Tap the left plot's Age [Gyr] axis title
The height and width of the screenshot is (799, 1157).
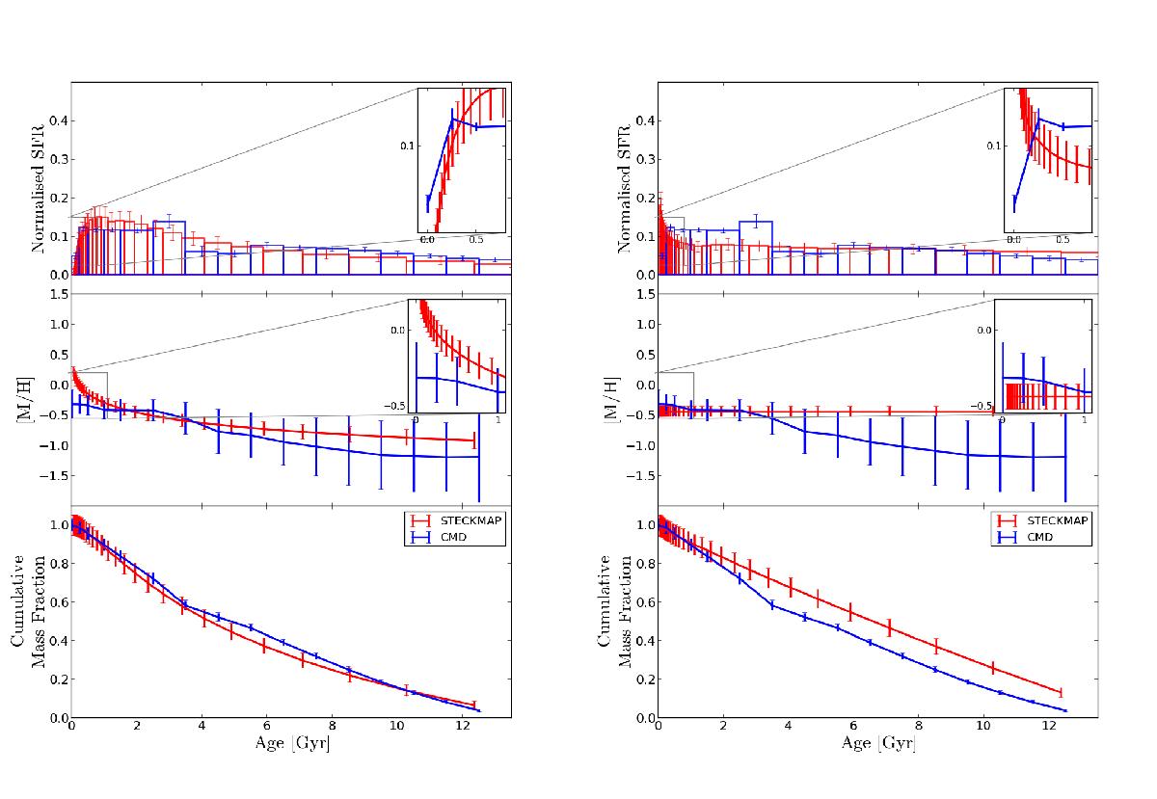click(290, 744)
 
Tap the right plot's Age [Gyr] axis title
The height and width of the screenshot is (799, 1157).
click(876, 744)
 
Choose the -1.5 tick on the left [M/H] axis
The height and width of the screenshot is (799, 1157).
click(54, 476)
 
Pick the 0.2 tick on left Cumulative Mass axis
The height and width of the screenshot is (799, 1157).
click(56, 679)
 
